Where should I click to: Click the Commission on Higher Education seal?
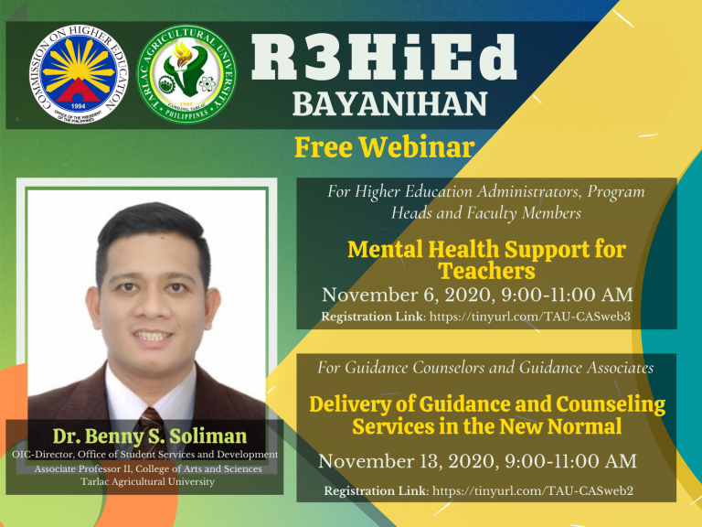[79, 74]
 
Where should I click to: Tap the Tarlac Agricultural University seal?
[186, 74]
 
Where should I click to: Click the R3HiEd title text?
[384, 58]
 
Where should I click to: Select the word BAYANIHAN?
[389, 104]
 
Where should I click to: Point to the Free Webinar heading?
[385, 147]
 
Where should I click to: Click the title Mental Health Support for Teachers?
[486, 260]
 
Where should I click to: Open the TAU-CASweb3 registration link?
[529, 317]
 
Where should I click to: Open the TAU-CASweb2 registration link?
[533, 490]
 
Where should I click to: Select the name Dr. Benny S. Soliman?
[150, 436]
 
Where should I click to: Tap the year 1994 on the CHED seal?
[78, 106]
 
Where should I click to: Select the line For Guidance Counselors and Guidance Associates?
[485, 368]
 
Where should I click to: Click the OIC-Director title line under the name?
[145, 455]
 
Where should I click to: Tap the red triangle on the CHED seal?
[79, 91]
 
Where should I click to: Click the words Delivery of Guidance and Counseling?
[487, 404]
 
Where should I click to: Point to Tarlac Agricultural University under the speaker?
[148, 482]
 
